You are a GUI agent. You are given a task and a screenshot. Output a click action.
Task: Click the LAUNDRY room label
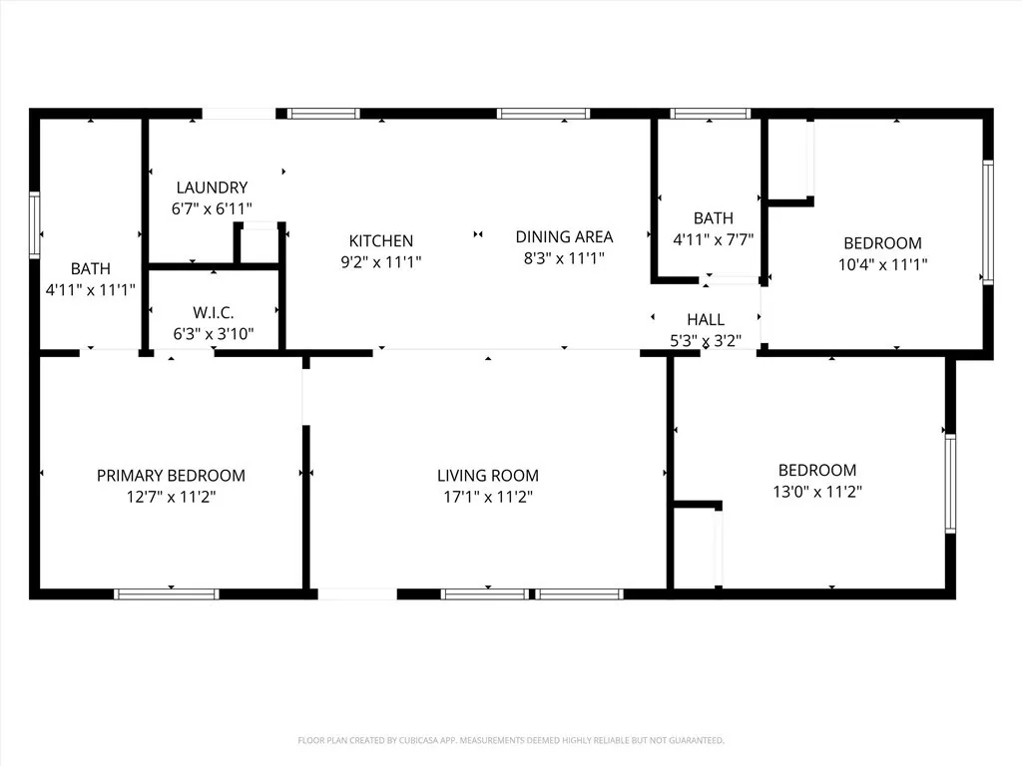212,188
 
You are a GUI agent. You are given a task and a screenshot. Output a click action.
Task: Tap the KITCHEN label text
380,241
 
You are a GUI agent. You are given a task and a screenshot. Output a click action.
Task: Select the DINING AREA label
564,237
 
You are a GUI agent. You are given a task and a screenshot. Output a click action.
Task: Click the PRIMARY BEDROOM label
171,476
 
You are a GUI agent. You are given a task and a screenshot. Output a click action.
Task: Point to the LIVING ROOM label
488,476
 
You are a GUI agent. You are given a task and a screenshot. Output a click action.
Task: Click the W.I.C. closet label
214,313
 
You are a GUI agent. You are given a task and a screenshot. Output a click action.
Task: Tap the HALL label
706,319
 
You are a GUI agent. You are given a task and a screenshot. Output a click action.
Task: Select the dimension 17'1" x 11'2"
488,497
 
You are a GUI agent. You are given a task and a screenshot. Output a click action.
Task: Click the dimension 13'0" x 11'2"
817,491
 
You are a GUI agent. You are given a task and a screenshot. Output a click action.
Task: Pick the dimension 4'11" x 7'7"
713,239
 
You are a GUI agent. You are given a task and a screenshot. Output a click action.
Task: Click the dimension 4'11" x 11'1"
90,290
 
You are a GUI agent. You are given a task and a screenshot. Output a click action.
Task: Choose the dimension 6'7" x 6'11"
212,208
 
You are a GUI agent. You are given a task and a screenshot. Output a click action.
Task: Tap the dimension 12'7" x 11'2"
171,497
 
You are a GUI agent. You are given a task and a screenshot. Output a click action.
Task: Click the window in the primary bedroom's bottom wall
167,594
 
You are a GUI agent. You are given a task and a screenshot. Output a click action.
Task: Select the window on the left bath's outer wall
35,226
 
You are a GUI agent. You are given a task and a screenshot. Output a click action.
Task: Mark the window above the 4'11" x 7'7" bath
710,114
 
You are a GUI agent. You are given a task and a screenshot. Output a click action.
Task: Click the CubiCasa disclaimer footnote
510,740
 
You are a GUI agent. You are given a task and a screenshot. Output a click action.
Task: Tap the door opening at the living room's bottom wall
357,594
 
